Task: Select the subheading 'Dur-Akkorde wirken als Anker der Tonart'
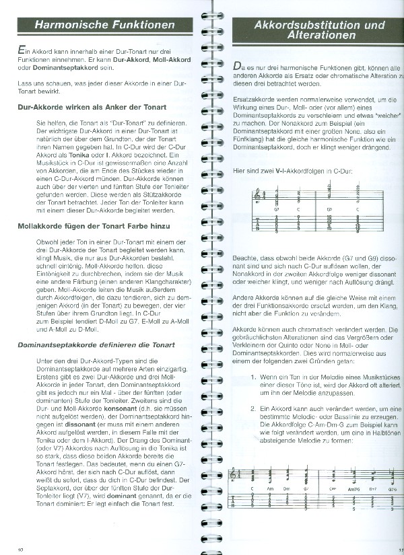(x=93, y=108)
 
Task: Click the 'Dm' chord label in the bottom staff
(x=287, y=488)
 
